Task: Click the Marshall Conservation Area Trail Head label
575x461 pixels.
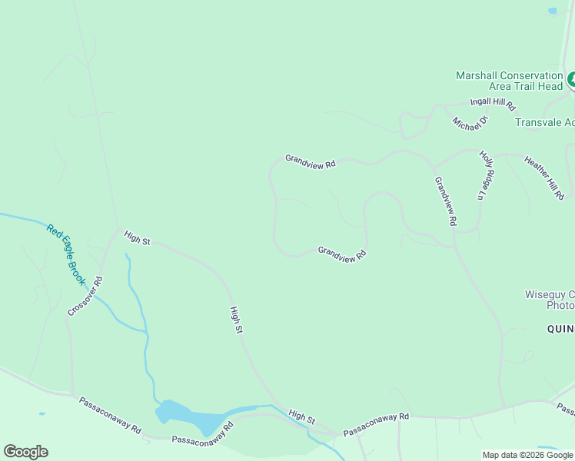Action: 509,81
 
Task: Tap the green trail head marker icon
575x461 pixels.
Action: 572,80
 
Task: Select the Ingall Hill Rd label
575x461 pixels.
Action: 493,104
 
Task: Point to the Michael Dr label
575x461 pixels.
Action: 470,123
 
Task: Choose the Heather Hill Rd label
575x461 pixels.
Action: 544,178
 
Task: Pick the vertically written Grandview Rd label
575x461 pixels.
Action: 445,201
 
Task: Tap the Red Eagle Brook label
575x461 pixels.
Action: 65,254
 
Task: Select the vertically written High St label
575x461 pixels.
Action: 237,320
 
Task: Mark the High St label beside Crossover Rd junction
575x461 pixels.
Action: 137,239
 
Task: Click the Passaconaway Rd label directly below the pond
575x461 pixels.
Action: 201,434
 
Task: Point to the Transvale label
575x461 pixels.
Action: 544,123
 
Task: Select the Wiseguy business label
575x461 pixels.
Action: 549,300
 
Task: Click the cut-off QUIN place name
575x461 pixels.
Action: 560,329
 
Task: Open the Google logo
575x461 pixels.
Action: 25,452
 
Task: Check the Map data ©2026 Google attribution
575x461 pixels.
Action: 527,455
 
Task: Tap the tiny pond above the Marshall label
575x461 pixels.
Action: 552,11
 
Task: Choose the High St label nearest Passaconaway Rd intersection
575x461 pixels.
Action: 302,416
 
